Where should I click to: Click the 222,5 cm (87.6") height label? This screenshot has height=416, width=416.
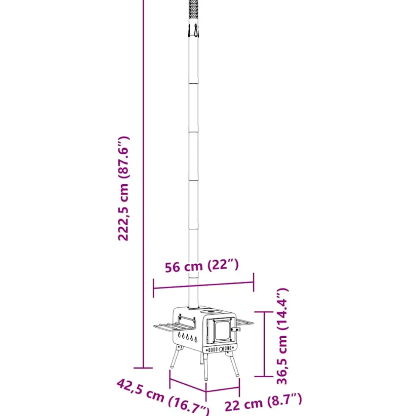click(x=123, y=189)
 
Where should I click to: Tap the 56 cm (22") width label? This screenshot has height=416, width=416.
click(x=202, y=266)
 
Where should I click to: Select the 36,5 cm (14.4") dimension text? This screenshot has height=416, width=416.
click(x=282, y=336)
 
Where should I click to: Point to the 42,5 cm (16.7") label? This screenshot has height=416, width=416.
click(x=163, y=397)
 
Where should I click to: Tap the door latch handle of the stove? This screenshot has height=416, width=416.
click(x=235, y=329)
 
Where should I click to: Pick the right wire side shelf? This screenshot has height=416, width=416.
click(x=245, y=322)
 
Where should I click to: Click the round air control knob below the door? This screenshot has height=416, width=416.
click(x=221, y=349)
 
